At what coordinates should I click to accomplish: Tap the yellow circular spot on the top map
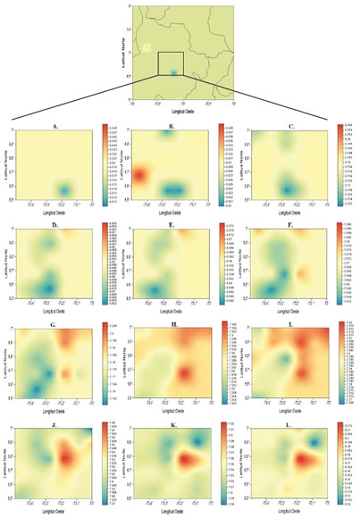tap(147, 47)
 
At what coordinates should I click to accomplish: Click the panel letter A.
tap(55, 127)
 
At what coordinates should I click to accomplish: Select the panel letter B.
tap(172, 127)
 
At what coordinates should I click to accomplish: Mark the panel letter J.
tap(55, 414)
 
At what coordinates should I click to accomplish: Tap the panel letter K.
tap(172, 414)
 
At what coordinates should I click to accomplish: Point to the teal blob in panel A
tap(63, 190)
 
